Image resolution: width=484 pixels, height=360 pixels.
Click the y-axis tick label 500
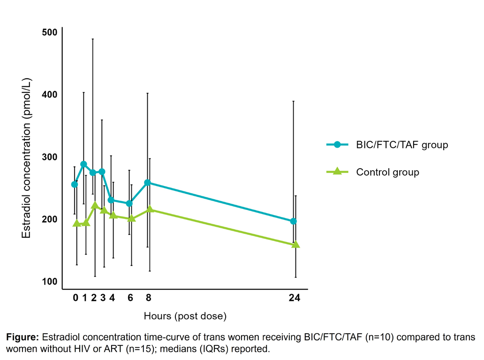click(x=49, y=32)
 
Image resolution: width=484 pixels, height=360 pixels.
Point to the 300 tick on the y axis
click(x=49, y=157)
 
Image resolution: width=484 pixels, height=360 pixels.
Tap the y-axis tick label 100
click(x=49, y=281)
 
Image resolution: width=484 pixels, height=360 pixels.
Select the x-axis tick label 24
click(x=295, y=297)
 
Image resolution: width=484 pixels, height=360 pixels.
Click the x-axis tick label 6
click(x=130, y=297)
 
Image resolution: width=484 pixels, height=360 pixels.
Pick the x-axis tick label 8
click(x=149, y=297)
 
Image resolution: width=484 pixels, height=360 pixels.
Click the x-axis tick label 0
click(x=76, y=297)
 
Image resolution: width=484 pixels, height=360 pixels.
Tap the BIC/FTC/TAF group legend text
click(x=402, y=145)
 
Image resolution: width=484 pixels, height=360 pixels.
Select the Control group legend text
click(x=388, y=172)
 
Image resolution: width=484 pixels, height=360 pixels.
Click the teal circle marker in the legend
click(x=337, y=144)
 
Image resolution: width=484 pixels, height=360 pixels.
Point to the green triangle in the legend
click(x=337, y=171)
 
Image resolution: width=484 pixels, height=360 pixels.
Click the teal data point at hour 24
click(x=294, y=221)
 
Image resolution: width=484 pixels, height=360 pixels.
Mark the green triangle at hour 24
click(x=295, y=244)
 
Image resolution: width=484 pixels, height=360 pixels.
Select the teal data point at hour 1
click(x=83, y=164)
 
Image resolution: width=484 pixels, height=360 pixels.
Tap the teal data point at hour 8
click(x=148, y=183)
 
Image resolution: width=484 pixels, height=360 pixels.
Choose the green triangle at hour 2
click(x=95, y=205)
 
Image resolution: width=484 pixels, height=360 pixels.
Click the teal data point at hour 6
click(x=129, y=203)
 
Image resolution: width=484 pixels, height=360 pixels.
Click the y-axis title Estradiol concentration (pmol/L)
click(x=26, y=158)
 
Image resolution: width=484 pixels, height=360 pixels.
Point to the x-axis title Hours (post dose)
click(x=185, y=316)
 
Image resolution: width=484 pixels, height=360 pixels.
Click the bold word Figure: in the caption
click(x=23, y=337)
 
